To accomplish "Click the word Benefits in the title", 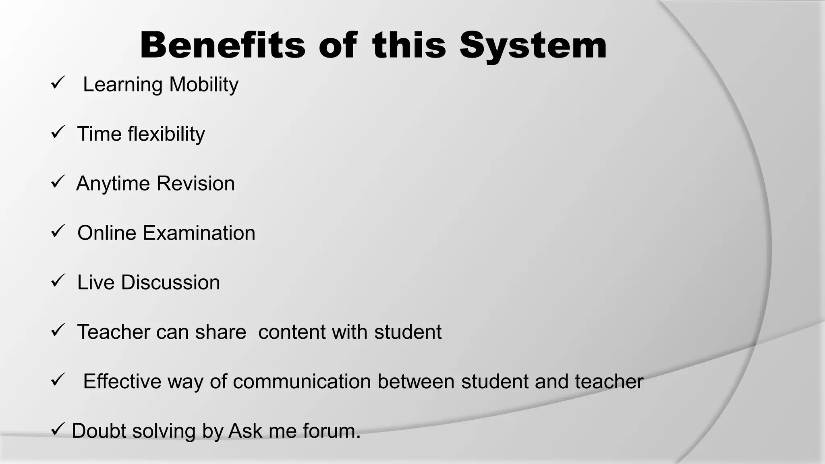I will (x=222, y=46).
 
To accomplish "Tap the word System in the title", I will (x=533, y=46).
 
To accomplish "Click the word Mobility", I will (x=203, y=85).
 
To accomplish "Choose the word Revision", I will (x=195, y=184).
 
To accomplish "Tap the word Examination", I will (x=199, y=233).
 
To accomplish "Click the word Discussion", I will (x=170, y=282).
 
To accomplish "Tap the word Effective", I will (x=122, y=381).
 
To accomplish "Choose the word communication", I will (x=302, y=382).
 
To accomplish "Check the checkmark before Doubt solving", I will (x=57, y=429).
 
